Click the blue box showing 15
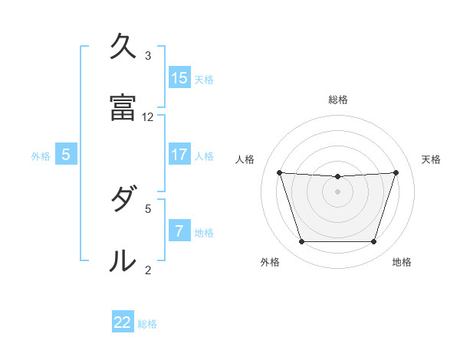179,78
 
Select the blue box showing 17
179,155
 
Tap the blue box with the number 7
179,231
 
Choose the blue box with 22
123,322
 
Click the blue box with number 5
66,155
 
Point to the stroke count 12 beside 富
148,117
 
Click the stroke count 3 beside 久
148,56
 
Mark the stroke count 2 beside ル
148,270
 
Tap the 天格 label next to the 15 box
204,79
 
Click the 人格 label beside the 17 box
204,155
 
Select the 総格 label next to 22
147,323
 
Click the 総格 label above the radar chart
337,100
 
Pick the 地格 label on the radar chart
402,263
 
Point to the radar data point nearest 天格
396,172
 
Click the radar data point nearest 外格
301,242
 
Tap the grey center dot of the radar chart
337,191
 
